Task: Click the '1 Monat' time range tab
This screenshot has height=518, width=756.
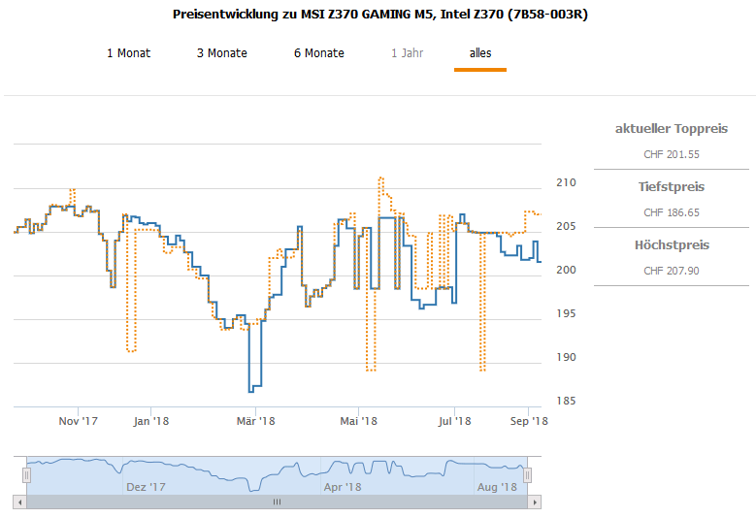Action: pos(128,53)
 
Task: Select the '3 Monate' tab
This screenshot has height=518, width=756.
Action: pos(221,53)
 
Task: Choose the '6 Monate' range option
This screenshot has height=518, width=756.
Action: pos(318,53)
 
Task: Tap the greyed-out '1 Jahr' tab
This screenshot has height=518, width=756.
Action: pos(408,53)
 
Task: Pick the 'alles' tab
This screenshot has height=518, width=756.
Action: pos(480,53)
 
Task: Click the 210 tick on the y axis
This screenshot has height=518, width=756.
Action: pos(566,182)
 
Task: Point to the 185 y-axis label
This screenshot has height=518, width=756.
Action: pos(566,401)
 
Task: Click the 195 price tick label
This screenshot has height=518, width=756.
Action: pos(566,313)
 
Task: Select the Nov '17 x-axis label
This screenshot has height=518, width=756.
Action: pos(79,421)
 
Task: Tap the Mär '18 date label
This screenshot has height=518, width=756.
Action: pos(255,421)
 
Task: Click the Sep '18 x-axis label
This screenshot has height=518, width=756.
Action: pos(529,421)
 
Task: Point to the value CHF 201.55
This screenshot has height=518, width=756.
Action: pos(672,154)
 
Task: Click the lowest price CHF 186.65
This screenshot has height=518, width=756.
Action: pos(672,212)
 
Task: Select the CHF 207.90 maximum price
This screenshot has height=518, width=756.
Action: pos(672,271)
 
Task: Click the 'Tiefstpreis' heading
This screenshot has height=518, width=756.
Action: pos(672,186)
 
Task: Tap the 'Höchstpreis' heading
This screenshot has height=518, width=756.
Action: pos(672,245)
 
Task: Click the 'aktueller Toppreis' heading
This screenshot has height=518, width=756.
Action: pos(672,128)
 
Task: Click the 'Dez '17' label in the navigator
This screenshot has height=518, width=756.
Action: pos(146,487)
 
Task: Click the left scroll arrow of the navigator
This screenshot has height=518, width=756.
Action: pos(18,502)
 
